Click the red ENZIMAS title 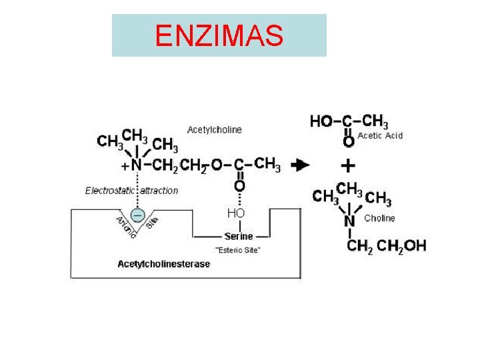pyautogui.click(x=219, y=36)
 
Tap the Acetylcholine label pyautogui.click(x=215, y=129)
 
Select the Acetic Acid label pyautogui.click(x=381, y=135)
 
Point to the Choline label pyautogui.click(x=379, y=218)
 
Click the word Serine pyautogui.click(x=238, y=236)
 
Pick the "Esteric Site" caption pyautogui.click(x=238, y=250)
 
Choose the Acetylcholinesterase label pyautogui.click(x=164, y=264)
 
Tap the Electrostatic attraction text pyautogui.click(x=132, y=191)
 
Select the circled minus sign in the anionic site pyautogui.click(x=137, y=215)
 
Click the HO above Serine pyautogui.click(x=236, y=213)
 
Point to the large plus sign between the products pyautogui.click(x=348, y=165)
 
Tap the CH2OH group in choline pyautogui.click(x=401, y=245)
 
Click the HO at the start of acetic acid pyautogui.click(x=321, y=121)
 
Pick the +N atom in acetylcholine pyautogui.click(x=133, y=165)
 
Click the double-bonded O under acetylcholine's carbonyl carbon pyautogui.click(x=239, y=185)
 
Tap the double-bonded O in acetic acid pyautogui.click(x=348, y=141)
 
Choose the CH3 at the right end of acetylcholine pyautogui.click(x=268, y=163)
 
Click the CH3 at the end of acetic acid pyautogui.click(x=375, y=121)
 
